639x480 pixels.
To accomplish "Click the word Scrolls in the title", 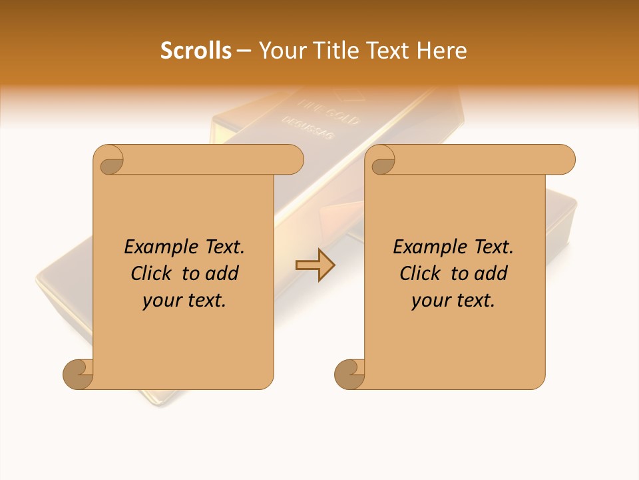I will pyautogui.click(x=196, y=51).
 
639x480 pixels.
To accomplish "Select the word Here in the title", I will pyautogui.click(x=442, y=51).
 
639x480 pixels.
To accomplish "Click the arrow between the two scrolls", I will pyautogui.click(x=315, y=265).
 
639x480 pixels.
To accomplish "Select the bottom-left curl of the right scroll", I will pyautogui.click(x=350, y=373).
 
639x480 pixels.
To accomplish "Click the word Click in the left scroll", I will pyautogui.click(x=152, y=273).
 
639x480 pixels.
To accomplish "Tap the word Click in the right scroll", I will pyautogui.click(x=421, y=273).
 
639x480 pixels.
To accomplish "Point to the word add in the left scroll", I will pyautogui.click(x=222, y=273).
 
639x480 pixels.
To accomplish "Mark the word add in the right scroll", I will pyautogui.click(x=491, y=273).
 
